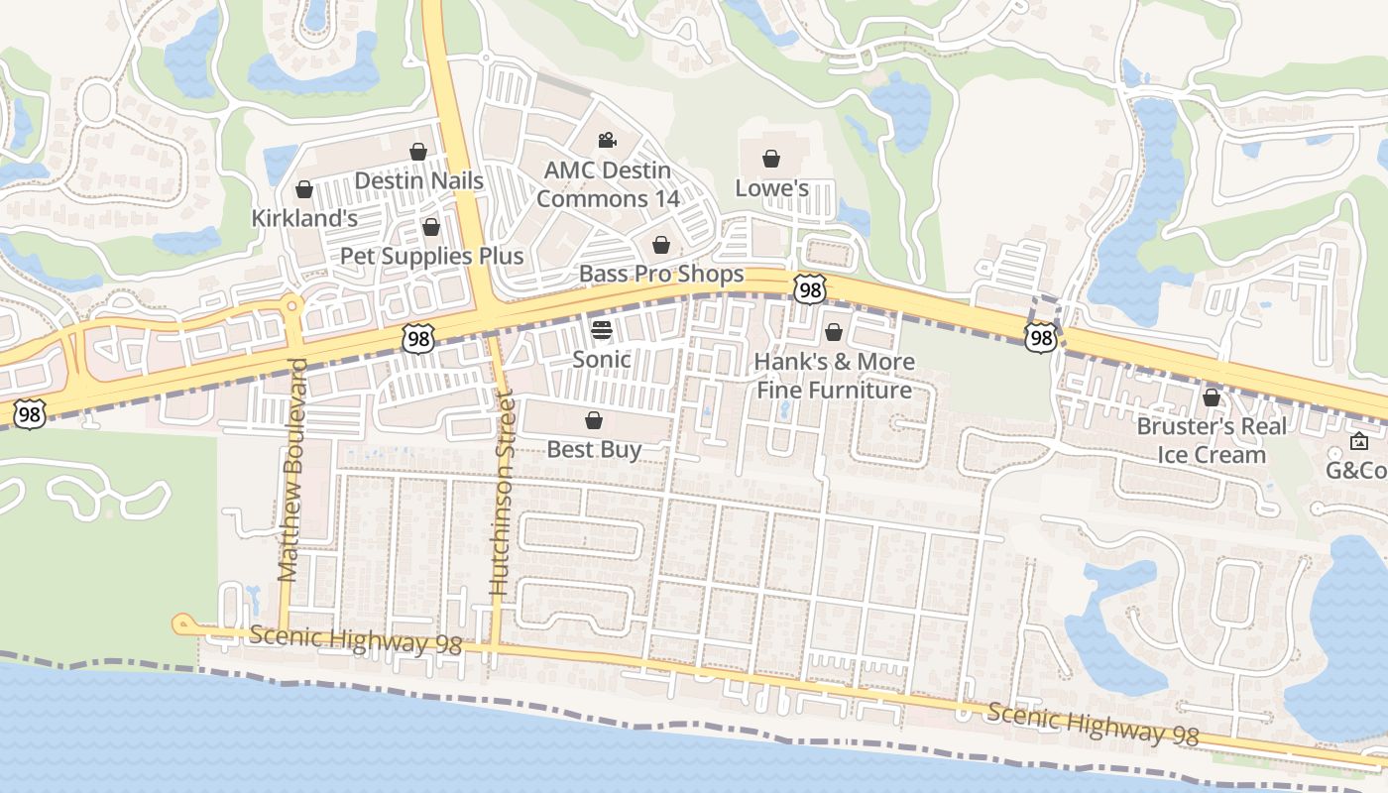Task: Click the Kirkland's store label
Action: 304,218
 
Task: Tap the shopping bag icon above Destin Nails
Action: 418,152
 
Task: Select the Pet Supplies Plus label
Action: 431,256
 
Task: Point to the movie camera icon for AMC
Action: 607,141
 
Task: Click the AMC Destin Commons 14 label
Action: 608,184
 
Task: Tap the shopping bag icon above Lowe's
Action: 771,159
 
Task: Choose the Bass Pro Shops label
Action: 661,274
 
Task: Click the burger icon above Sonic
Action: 602,329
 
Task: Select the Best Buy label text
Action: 594,449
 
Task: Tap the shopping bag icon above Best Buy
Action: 594,420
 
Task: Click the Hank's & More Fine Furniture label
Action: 834,376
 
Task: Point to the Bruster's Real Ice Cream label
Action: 1212,440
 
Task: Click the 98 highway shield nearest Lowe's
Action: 810,290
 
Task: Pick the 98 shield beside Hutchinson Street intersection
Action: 418,339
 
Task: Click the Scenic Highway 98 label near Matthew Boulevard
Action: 355,639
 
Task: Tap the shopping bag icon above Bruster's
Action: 1211,397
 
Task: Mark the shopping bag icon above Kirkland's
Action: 304,189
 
